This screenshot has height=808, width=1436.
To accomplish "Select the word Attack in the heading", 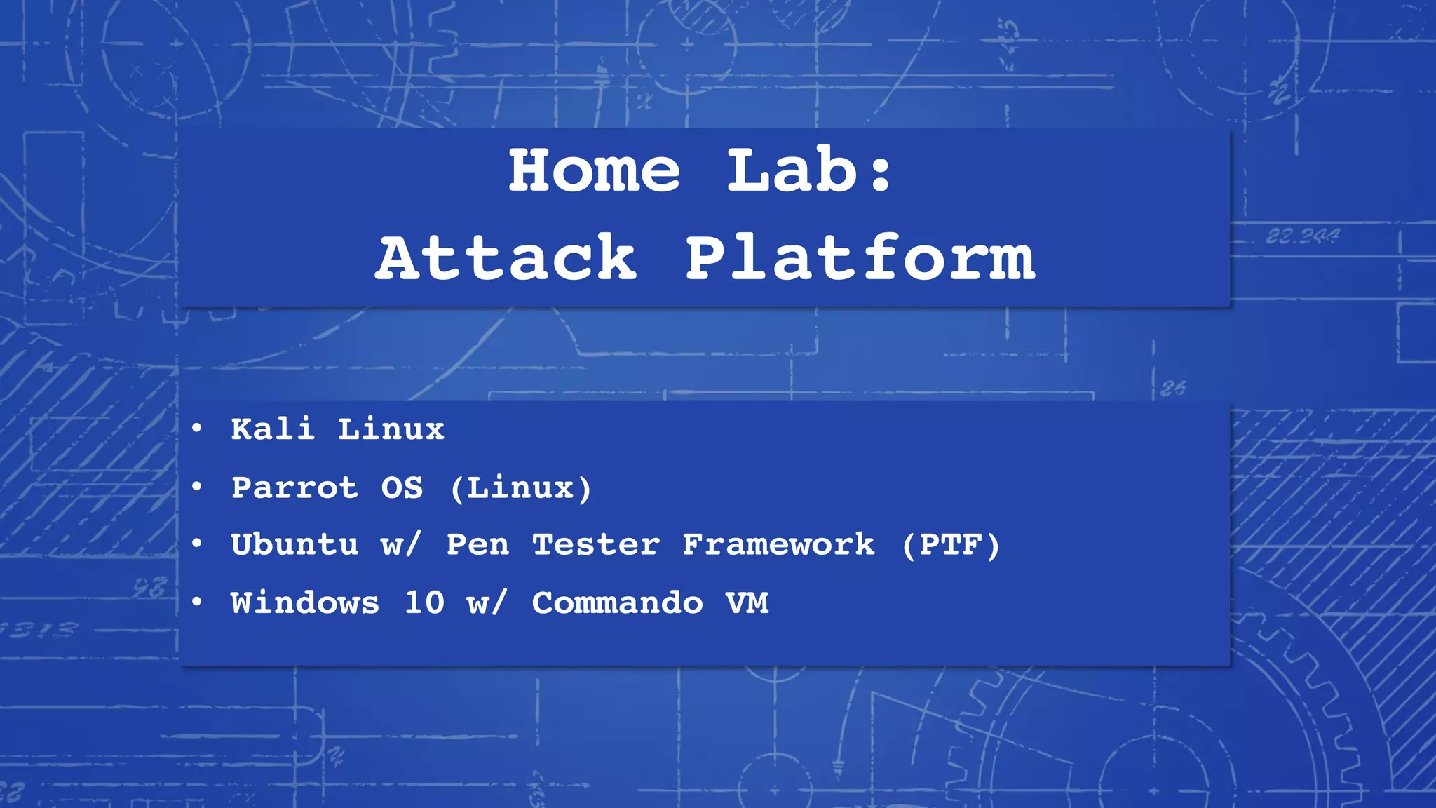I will coord(506,258).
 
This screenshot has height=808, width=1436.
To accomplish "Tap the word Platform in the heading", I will coord(860,258).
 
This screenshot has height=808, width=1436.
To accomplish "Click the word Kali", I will coord(272,429).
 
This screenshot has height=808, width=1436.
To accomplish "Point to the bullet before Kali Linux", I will coord(197,427).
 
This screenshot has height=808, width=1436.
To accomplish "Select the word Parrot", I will coord(294,487).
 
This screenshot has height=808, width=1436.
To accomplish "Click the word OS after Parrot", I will coord(402,487).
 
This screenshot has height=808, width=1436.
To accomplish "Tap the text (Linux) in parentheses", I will coord(520,487).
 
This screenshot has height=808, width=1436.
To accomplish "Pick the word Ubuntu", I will coord(294,545).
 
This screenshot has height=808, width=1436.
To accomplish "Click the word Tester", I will coord(596,545).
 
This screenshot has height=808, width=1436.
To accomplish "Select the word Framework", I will coord(778,545).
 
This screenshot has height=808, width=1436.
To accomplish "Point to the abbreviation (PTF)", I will coord(951,545).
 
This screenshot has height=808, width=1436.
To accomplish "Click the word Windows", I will coord(305,603).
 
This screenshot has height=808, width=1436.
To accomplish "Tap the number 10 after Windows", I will coord(424,602).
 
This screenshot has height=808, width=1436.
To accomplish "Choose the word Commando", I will coord(617,603).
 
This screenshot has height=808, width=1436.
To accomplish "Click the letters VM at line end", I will coord(747,603).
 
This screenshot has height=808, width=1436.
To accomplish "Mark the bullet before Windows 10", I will coord(197,601).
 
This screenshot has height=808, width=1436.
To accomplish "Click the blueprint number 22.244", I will coord(1302,236).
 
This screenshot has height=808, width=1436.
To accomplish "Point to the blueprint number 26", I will coord(1173,388).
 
